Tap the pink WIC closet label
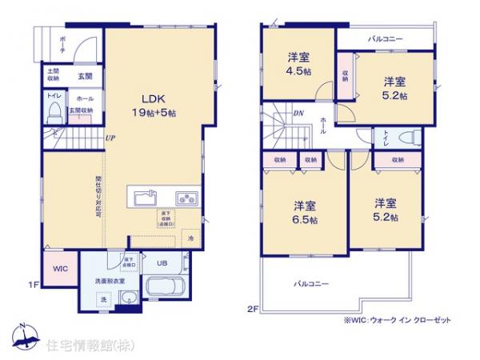(x=61, y=269)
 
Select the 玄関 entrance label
(x=85, y=76)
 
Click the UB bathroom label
(x=161, y=263)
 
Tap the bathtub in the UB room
(x=166, y=288)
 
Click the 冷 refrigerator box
(x=191, y=238)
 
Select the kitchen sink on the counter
(x=146, y=197)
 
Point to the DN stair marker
(x=298, y=113)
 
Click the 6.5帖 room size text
(x=303, y=218)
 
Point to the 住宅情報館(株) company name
(x=82, y=345)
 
